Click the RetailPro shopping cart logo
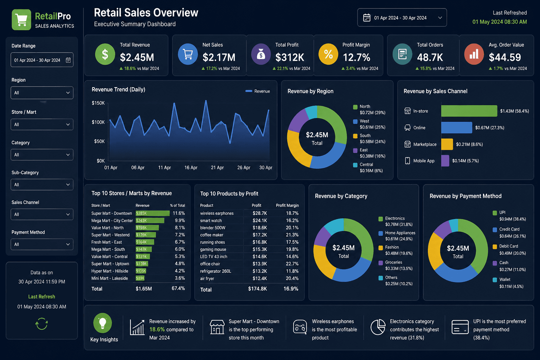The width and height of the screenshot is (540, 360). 21,20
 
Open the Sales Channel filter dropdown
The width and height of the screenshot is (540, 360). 42,214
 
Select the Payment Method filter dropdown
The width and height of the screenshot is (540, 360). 42,244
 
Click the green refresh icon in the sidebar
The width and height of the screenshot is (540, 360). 41,323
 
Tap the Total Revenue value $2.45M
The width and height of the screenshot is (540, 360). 137,57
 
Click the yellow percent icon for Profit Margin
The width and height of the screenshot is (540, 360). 328,54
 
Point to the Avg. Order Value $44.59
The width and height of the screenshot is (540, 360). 504,57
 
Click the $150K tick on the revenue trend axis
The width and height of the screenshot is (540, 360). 98,103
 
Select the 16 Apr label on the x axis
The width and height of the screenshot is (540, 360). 191,168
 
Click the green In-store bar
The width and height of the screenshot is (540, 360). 469,111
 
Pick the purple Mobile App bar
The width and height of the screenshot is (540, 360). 445,161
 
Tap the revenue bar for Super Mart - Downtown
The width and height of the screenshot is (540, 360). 153,213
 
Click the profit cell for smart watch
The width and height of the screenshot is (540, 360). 260,221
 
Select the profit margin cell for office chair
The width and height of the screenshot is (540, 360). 292,264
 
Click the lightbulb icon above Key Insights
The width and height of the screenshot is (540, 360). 103,323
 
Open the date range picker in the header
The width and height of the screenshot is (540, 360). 402,18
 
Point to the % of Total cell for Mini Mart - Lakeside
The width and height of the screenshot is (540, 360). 180,278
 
